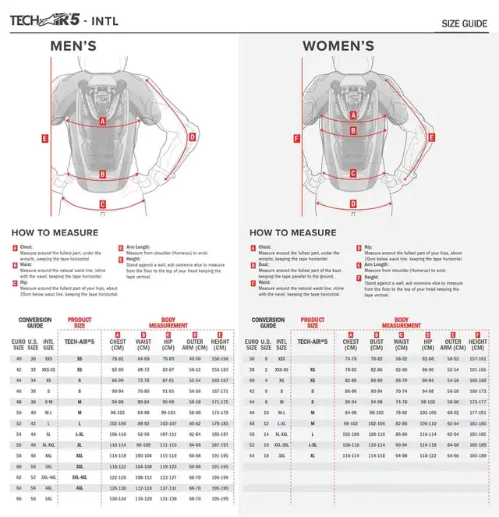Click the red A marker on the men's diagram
coord(103,122)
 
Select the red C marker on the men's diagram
coord(103,205)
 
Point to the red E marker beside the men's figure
coord(45,139)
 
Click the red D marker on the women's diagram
coord(353,204)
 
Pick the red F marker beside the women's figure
coord(296,139)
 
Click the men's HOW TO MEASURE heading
coord(55,232)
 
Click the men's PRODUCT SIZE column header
coord(80,323)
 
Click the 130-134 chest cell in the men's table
coord(118,498)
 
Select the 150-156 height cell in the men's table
coord(220,359)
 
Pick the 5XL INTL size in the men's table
coord(48,498)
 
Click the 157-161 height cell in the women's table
coord(478,359)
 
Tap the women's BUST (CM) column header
coord(377,344)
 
